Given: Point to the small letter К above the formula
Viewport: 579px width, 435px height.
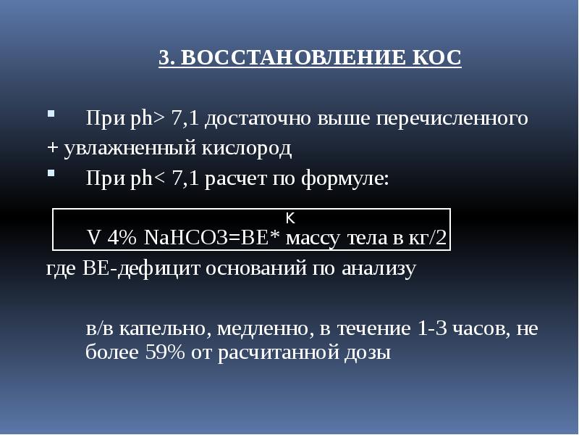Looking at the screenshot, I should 289,217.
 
